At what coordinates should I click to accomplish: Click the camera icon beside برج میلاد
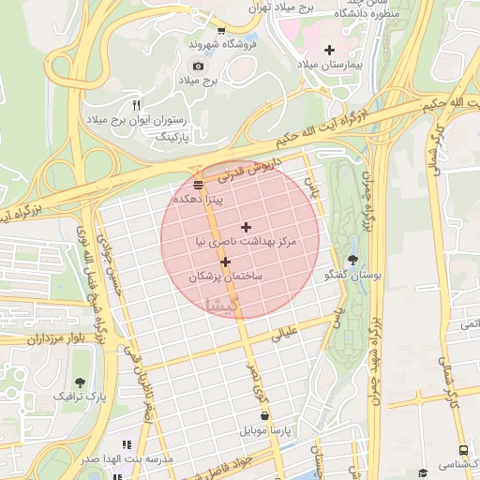tap(198, 66)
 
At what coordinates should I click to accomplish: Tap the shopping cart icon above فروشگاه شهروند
tap(220, 29)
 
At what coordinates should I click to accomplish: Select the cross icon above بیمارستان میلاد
tap(328, 49)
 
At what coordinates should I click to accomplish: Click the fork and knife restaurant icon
tap(137, 105)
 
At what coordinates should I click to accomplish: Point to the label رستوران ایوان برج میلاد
tap(138, 121)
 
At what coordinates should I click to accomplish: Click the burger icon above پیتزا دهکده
tap(198, 184)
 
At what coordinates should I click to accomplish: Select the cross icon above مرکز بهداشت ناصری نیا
tap(246, 227)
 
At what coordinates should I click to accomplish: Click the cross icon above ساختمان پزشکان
tap(225, 262)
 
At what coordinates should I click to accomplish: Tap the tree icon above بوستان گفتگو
tap(352, 260)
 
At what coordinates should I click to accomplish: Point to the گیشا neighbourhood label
tap(227, 303)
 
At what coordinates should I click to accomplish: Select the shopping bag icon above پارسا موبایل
tap(264, 415)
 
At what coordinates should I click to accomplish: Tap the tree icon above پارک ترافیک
tap(80, 382)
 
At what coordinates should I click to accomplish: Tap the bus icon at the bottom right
tap(463, 451)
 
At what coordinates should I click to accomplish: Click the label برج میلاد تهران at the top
tap(282, 7)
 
